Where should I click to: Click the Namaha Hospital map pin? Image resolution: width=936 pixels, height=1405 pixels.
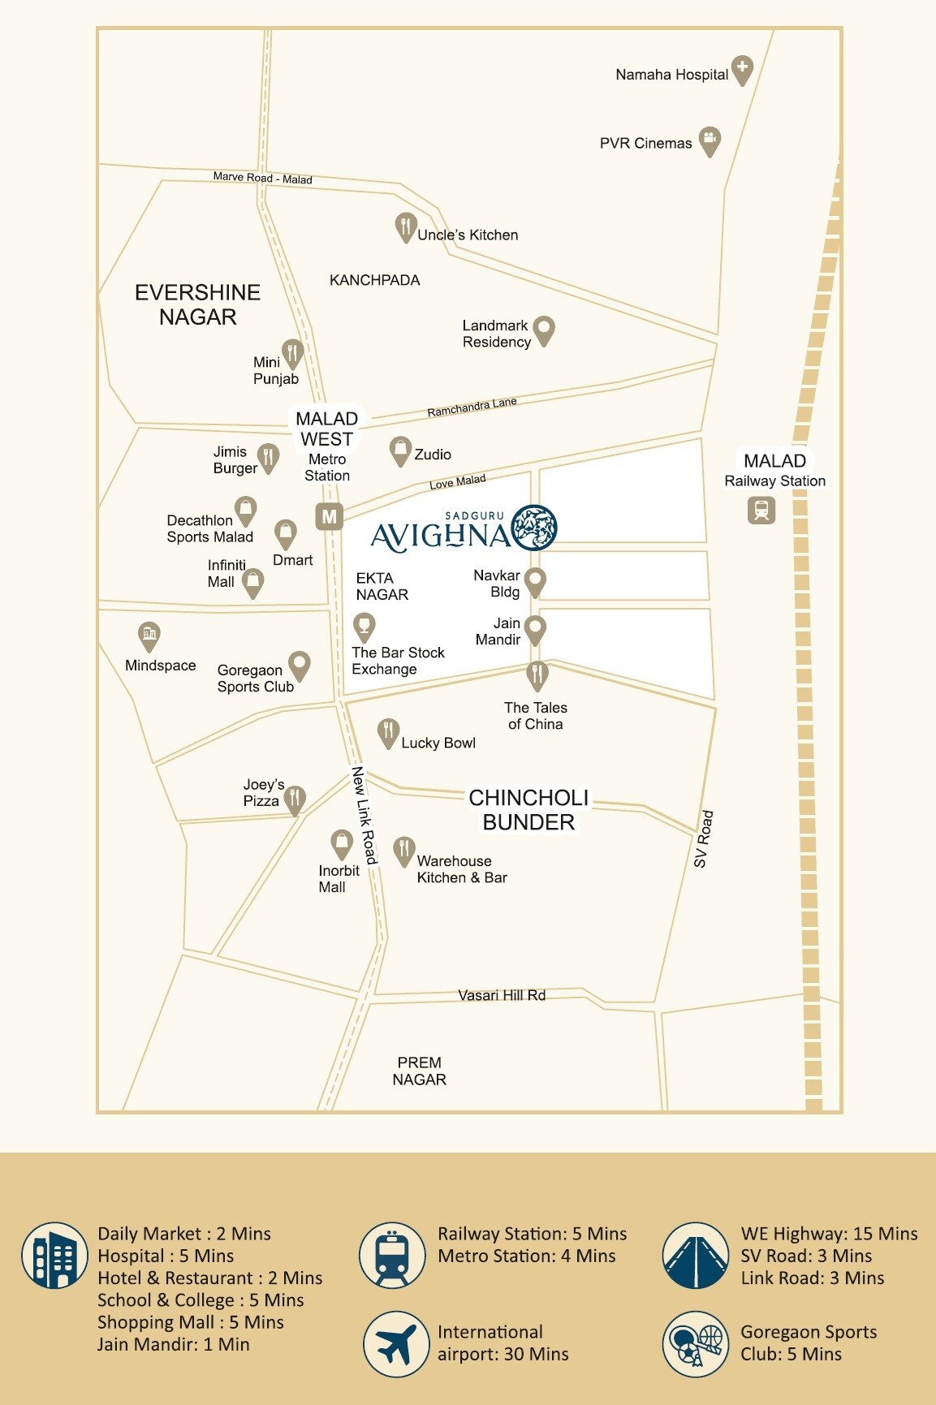coord(742,69)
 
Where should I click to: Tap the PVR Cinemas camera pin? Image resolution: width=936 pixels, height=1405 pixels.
coord(710,140)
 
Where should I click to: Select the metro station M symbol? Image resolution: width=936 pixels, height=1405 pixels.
coord(329,516)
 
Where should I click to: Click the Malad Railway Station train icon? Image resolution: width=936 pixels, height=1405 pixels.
coord(761,510)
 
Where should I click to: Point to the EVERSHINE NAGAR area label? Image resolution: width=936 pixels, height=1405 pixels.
coord(197,304)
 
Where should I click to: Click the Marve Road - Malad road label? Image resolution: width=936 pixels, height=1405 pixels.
coord(262,177)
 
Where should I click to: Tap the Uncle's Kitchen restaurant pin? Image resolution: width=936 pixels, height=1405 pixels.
coord(405,227)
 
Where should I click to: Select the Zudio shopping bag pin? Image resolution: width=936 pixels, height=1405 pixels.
coord(399,450)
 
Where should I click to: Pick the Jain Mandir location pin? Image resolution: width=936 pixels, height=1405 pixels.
coord(534,628)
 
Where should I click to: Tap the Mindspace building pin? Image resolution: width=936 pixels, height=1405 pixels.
coord(149,636)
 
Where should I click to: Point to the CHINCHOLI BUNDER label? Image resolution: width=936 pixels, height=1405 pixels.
coord(528,809)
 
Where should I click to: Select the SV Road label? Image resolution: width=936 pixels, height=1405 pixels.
coord(703,838)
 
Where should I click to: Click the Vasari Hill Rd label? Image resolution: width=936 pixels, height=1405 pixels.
coord(501,994)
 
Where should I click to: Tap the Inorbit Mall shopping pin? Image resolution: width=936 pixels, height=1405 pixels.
coord(341,843)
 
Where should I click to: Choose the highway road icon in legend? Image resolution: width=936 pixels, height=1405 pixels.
coord(695,1256)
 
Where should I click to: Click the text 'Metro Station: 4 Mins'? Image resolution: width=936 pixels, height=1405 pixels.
coord(526,1256)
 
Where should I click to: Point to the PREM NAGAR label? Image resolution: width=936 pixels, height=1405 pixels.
coord(419,1071)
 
